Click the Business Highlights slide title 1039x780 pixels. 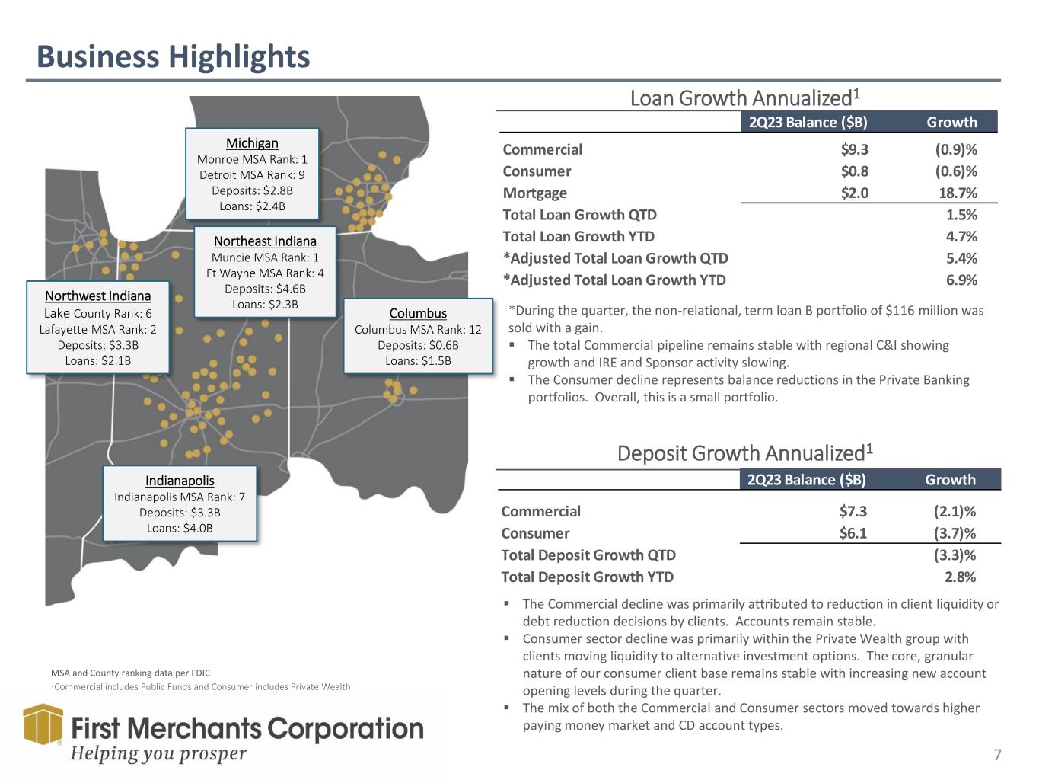(x=174, y=57)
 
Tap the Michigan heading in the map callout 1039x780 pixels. (x=252, y=143)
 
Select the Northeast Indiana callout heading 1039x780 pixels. (x=265, y=241)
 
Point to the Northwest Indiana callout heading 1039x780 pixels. (x=97, y=296)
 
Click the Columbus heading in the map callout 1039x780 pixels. (x=418, y=313)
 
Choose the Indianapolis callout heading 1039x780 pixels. (x=180, y=481)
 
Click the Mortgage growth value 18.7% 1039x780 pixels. (x=958, y=193)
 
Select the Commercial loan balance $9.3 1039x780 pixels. (x=854, y=150)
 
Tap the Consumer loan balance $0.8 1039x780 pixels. (x=854, y=171)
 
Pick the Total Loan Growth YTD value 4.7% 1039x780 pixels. (x=961, y=237)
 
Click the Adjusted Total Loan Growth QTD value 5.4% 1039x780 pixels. (x=961, y=258)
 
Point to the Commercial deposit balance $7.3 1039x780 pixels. (x=853, y=512)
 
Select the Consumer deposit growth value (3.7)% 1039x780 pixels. (x=955, y=533)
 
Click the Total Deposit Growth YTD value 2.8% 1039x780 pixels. (x=960, y=577)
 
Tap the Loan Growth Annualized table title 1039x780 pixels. (x=744, y=98)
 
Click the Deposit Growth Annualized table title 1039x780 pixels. (x=744, y=453)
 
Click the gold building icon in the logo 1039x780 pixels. (x=43, y=724)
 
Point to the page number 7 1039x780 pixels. (x=997, y=755)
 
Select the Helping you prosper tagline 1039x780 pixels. (x=159, y=753)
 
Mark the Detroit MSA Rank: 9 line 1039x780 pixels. (x=252, y=175)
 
